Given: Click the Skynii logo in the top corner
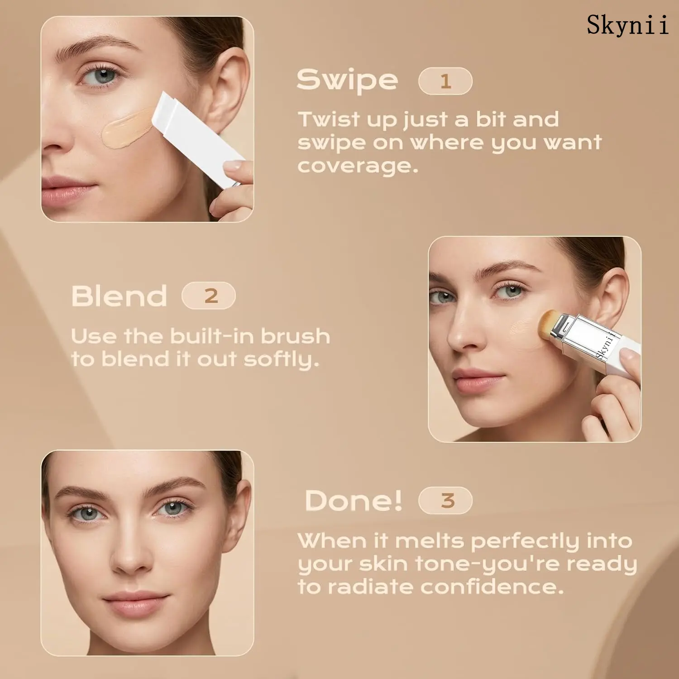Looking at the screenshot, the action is pos(627,25).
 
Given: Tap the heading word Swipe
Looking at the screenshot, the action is pos(347,81).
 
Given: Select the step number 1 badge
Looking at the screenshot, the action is pos(445,81).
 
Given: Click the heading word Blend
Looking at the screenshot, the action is pos(119,296).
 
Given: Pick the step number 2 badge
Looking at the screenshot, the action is pos(209,296).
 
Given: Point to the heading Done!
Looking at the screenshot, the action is pos(354,501).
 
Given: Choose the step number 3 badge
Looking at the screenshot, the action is pos(446,501).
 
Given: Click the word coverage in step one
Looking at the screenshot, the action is pos(358,166).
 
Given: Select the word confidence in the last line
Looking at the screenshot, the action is pos(492,587).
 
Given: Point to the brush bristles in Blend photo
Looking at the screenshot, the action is pos(550,325).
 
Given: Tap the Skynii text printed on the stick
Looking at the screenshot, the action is pos(606,345).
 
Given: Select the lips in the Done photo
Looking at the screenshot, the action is pos(135,602).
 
